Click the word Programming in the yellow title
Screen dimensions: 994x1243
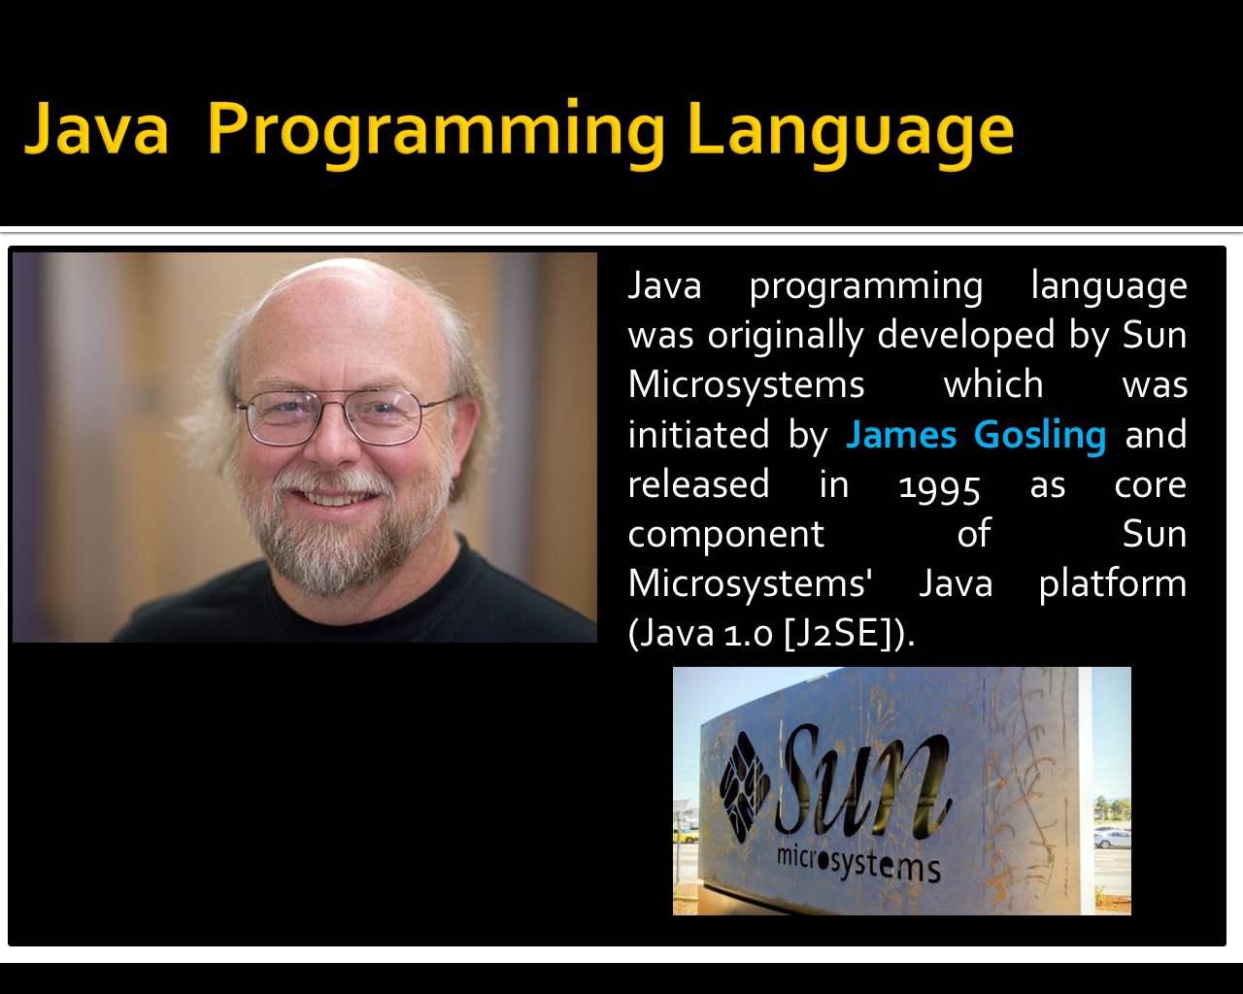(436, 130)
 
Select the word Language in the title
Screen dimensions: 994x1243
(850, 130)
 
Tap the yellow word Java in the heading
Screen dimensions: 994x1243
(96, 130)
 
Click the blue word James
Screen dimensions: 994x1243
(901, 435)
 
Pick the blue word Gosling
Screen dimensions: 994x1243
(1039, 435)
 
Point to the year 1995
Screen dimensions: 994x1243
(939, 485)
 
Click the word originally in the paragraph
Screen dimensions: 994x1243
(785, 335)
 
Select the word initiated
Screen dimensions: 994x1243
(698, 435)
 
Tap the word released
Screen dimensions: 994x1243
(698, 484)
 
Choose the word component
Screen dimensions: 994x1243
(725, 534)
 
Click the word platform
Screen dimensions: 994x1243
(1112, 583)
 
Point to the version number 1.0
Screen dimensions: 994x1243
(748, 634)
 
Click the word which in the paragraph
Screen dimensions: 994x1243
(992, 384)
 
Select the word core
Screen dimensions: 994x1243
(1150, 484)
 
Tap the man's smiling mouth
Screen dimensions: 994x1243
(333, 497)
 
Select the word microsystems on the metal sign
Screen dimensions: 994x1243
(858, 861)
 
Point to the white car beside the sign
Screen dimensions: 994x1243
(1112, 838)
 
